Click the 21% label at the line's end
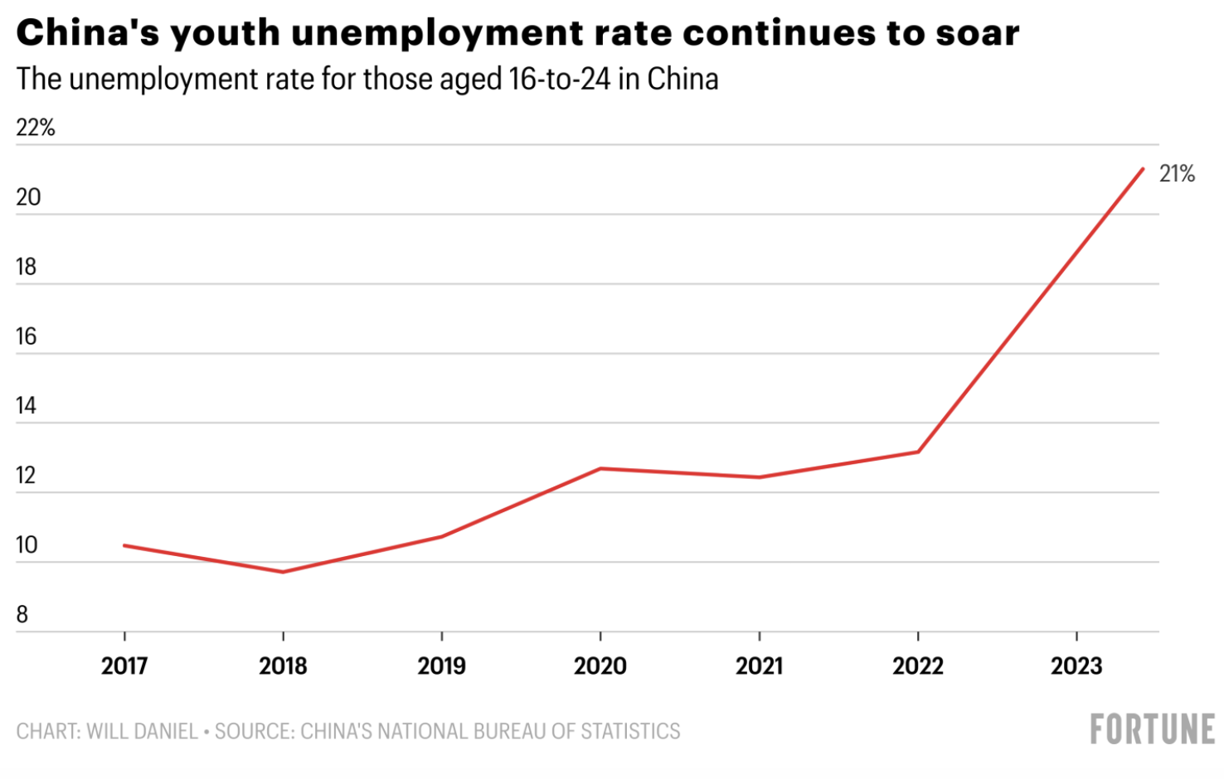click(1176, 174)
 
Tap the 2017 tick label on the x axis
click(124, 666)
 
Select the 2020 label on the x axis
click(600, 666)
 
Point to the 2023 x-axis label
click(1076, 666)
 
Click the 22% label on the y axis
click(36, 128)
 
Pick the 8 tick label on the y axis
click(22, 615)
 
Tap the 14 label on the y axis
click(27, 406)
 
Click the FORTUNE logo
click(1152, 730)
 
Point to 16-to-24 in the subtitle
click(560, 80)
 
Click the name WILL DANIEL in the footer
click(142, 732)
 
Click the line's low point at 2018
click(284, 572)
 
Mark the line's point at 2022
click(918, 452)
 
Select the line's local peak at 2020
click(600, 468)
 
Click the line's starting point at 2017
click(124, 545)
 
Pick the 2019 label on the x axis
click(442, 666)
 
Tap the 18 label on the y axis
click(27, 267)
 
